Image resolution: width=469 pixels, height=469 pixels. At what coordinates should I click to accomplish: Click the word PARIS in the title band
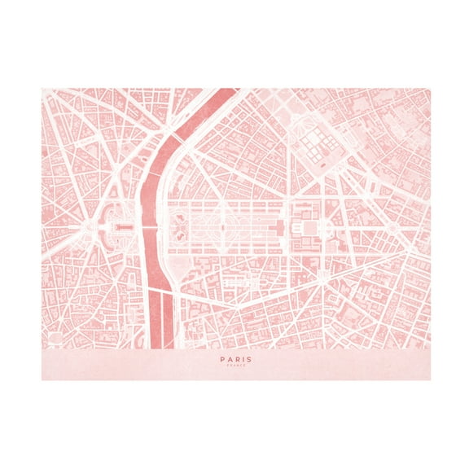tap(235, 358)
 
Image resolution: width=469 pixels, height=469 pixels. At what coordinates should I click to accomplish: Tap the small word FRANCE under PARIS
tap(235, 366)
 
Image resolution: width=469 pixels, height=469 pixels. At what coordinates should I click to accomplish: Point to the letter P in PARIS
tap(221, 358)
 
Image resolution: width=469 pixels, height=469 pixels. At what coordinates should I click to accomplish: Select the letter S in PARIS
tap(249, 358)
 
